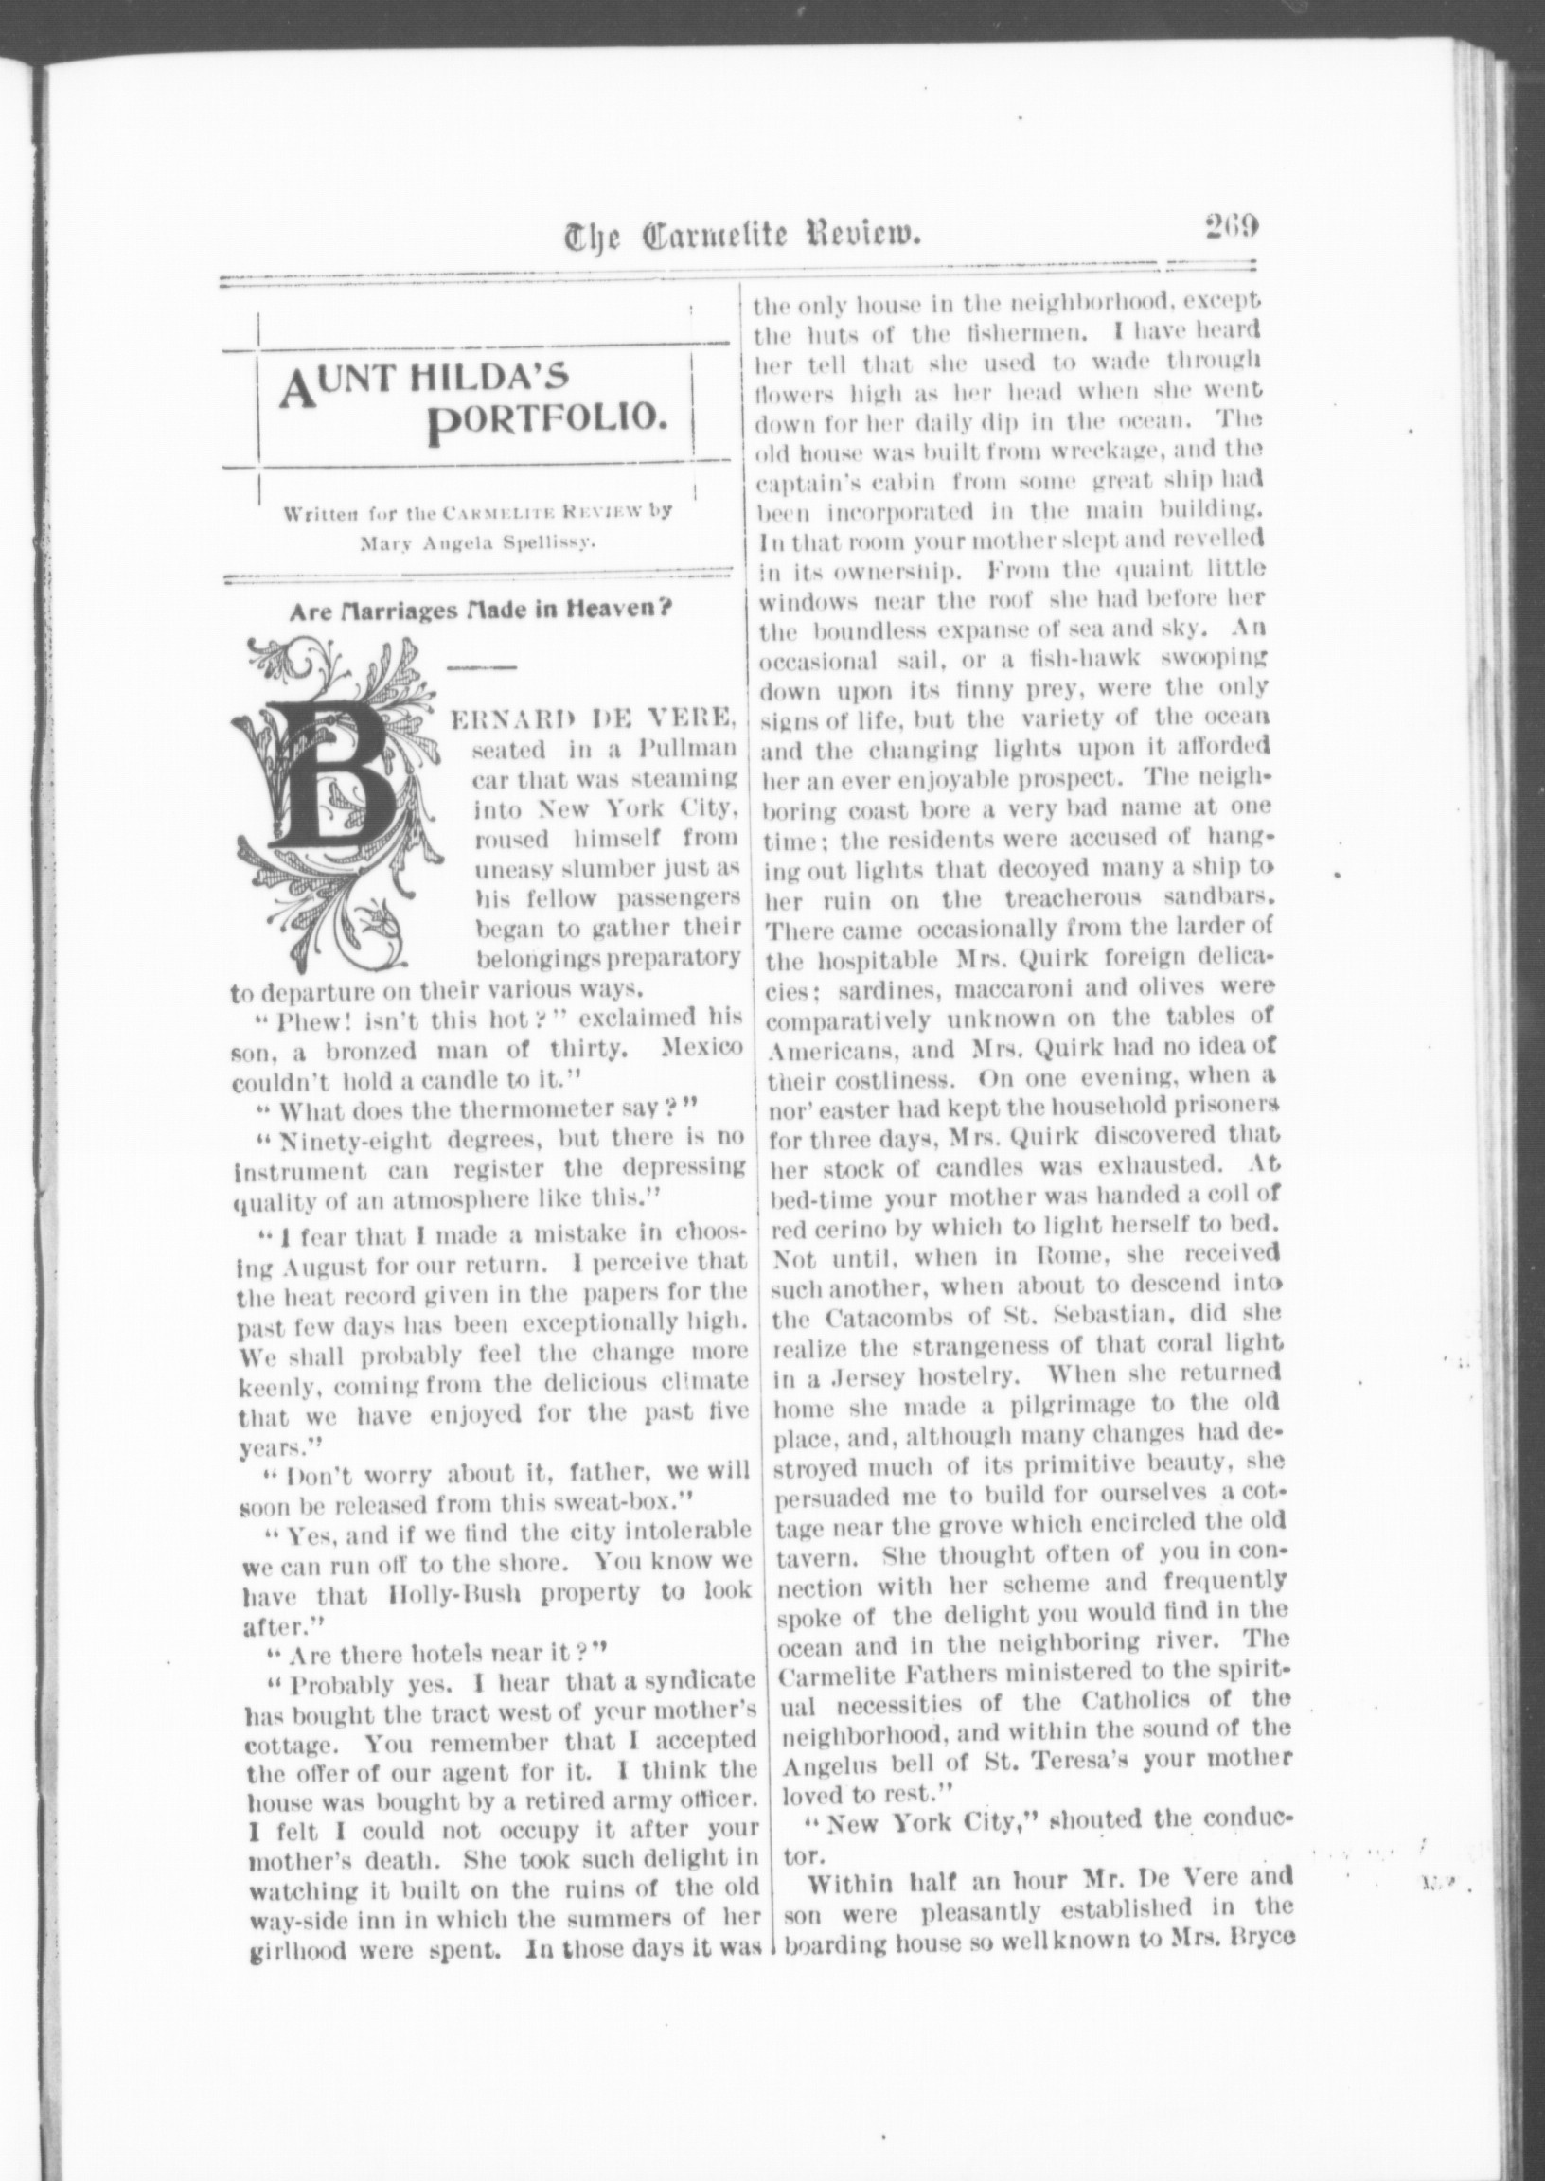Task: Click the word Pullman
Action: click(699, 746)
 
